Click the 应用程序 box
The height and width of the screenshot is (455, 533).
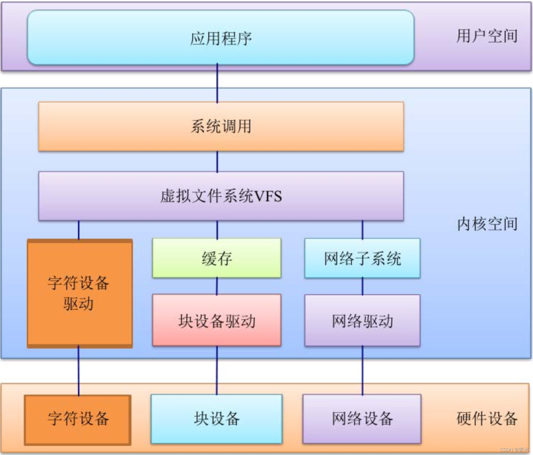point(221,38)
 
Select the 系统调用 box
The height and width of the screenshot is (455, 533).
point(221,127)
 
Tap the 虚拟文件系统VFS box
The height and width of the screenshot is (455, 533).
point(221,196)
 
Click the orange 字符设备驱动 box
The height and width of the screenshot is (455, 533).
point(80,294)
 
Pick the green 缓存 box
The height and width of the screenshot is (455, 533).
point(217,258)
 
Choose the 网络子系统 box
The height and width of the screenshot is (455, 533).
point(362,258)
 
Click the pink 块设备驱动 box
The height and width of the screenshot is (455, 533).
point(217,320)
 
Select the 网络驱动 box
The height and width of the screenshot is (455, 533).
point(362,320)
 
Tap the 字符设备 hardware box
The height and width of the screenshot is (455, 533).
point(78,420)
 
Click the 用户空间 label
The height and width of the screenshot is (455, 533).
point(487,36)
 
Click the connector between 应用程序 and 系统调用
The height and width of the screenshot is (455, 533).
point(217,83)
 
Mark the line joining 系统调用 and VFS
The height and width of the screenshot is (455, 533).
point(217,161)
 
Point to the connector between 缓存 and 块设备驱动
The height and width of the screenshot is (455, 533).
point(217,286)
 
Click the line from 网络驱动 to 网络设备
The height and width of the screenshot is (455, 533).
point(363,370)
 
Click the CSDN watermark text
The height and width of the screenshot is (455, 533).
point(514,450)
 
